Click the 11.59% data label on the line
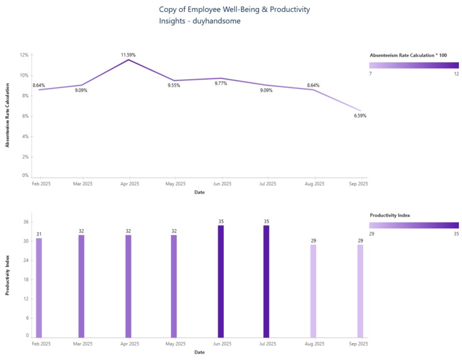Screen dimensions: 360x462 click(x=128, y=55)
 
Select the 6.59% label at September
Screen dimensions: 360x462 click(x=360, y=116)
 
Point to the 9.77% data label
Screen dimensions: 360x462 click(x=221, y=84)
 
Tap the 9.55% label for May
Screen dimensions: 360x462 click(x=174, y=85)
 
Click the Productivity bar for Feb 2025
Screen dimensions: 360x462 click(x=39, y=287)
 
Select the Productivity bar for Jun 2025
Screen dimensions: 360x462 click(x=221, y=281)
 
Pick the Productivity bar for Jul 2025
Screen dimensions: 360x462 click(x=267, y=281)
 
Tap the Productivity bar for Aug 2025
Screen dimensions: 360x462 click(x=313, y=290)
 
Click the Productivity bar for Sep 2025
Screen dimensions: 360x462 click(x=360, y=290)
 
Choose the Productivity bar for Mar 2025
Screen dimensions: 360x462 click(x=81, y=286)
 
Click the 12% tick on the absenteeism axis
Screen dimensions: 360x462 click(x=25, y=55)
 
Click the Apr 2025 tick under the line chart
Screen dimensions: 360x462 click(x=129, y=184)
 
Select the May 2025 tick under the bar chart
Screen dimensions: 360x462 click(x=175, y=344)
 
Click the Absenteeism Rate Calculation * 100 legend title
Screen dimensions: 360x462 click(x=409, y=55)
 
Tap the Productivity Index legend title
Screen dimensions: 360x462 click(x=390, y=215)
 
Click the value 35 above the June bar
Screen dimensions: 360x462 click(x=221, y=222)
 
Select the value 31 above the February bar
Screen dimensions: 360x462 click(x=39, y=234)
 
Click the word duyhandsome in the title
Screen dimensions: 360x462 click(x=217, y=21)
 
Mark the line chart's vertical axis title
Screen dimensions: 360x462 click(x=8, y=116)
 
